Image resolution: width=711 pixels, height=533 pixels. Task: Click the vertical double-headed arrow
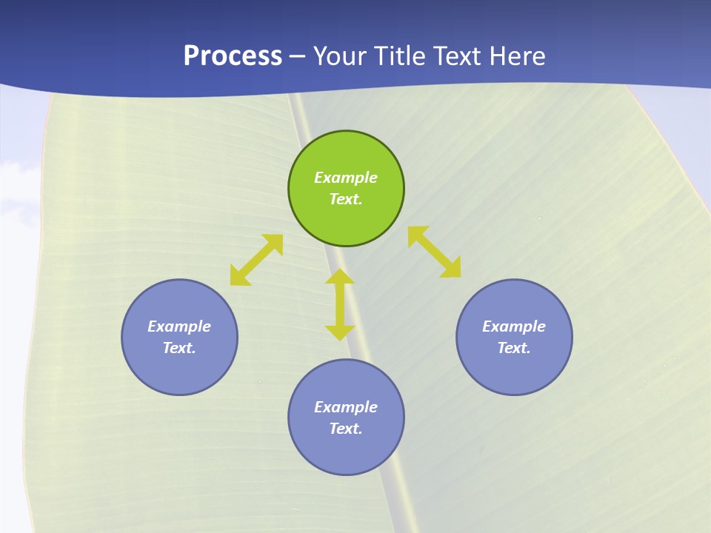point(340,305)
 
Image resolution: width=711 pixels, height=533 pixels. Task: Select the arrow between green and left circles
point(256,260)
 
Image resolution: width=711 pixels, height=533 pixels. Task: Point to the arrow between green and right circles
point(435,252)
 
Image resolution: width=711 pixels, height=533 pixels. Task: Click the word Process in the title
point(233,56)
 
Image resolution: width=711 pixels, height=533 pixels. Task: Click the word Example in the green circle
point(346,178)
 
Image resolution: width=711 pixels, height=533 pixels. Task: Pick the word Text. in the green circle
point(346,199)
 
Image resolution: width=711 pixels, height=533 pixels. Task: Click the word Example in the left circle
point(179,326)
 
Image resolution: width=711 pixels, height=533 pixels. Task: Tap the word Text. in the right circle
point(514,348)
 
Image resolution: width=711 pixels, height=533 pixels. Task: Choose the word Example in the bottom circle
point(346,407)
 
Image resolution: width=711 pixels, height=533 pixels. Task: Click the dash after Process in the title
point(298,56)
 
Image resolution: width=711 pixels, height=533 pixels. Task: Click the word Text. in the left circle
point(179,348)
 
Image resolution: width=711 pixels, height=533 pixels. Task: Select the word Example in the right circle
point(514,326)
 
